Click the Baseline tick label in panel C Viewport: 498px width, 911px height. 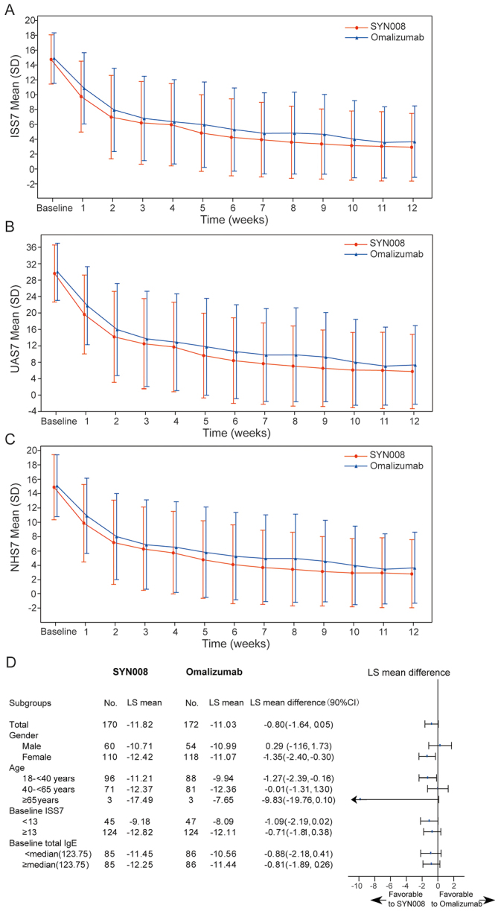pos(55,620)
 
